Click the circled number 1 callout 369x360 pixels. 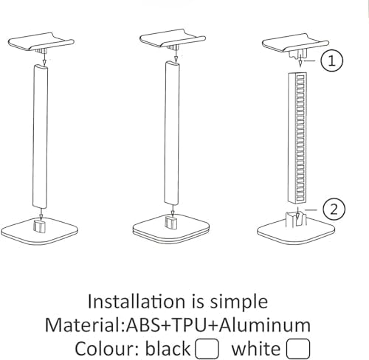332,60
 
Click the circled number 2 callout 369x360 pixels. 334,210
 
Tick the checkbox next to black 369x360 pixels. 207,349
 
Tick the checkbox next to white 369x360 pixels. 298,349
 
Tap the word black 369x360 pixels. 168,348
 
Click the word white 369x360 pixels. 256,348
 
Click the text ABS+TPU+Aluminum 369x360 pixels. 218,325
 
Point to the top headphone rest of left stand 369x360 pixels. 41,42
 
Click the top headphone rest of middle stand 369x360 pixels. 173,39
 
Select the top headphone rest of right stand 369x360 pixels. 295,44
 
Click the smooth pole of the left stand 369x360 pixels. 40,136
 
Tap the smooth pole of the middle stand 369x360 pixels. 172,134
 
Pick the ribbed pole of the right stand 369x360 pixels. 297,138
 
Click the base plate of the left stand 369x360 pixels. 39,230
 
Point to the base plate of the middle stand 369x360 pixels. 171,229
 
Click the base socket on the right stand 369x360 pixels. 296,219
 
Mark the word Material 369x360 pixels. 83,325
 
